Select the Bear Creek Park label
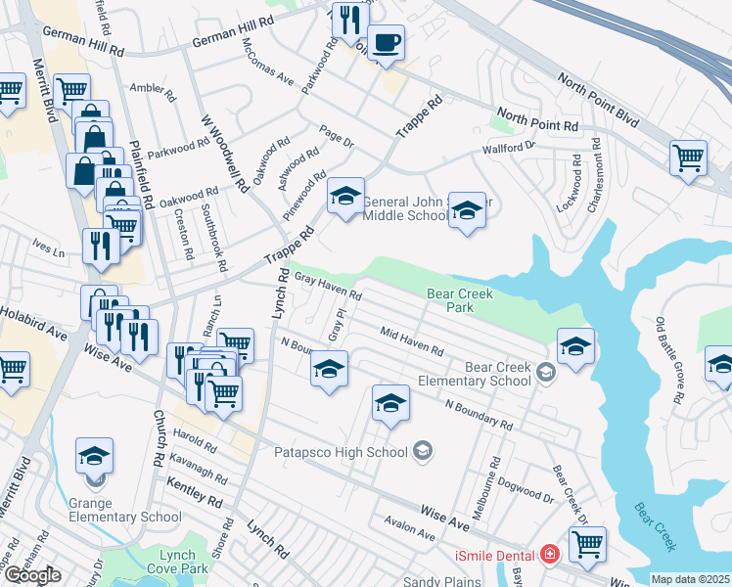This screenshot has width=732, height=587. click(460, 300)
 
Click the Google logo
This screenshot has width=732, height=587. click(32, 575)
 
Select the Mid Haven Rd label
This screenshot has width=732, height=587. click(412, 342)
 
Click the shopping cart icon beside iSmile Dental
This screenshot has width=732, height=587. click(587, 544)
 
